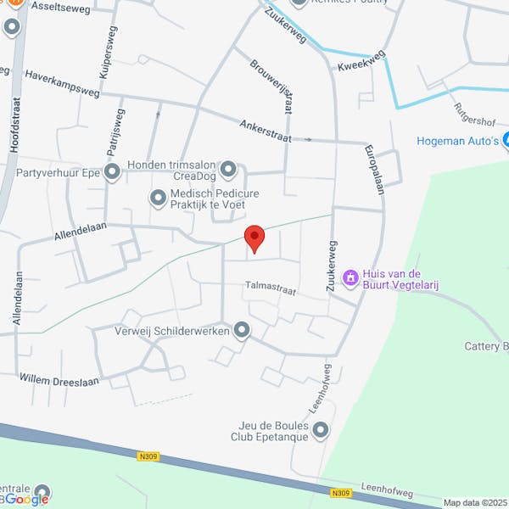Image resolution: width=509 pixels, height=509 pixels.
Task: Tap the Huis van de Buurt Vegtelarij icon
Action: (x=350, y=277)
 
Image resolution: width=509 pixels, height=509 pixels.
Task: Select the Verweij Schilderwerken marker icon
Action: (x=242, y=330)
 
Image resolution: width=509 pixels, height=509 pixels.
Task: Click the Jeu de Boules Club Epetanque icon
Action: (x=320, y=431)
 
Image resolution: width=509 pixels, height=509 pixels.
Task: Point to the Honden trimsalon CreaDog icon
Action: (x=227, y=171)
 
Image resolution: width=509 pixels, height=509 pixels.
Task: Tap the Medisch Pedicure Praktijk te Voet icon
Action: (x=158, y=198)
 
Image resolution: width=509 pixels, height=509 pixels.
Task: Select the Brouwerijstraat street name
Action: (x=276, y=88)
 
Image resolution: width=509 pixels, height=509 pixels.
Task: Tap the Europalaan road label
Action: (x=374, y=170)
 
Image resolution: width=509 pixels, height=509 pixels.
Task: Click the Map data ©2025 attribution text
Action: (x=474, y=501)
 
